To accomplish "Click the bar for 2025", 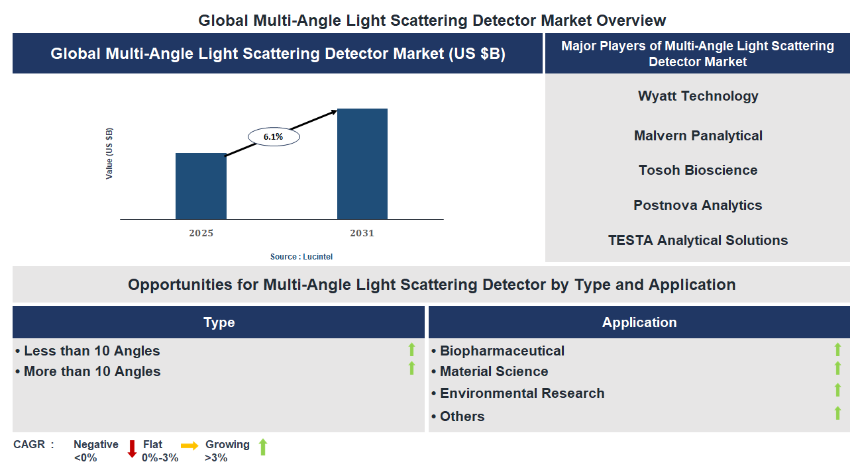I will coord(201,186).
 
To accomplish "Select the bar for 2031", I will coord(362,164).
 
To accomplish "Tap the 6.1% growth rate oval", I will coord(273,136).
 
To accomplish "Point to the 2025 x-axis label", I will coord(201,233).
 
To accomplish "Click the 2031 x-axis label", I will coord(362,233).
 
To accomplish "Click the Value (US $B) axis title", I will coord(109,154).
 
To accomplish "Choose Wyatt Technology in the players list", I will coord(698,96).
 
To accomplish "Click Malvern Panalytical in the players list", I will coord(698,136).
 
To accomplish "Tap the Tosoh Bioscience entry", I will coord(698,170).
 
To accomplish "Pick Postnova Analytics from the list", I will coord(698,205).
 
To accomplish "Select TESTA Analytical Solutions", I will coord(698,240).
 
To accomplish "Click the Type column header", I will coord(219,322).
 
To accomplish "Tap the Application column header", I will coord(639,322).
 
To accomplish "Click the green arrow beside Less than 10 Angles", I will coord(411,350).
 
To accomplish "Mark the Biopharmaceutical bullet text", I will coord(502,351).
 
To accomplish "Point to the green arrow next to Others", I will coord(837,413).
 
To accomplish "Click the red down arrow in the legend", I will coord(132,448).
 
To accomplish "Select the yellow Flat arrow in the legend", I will coord(189,446).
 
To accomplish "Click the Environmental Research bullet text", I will coord(521,393).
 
